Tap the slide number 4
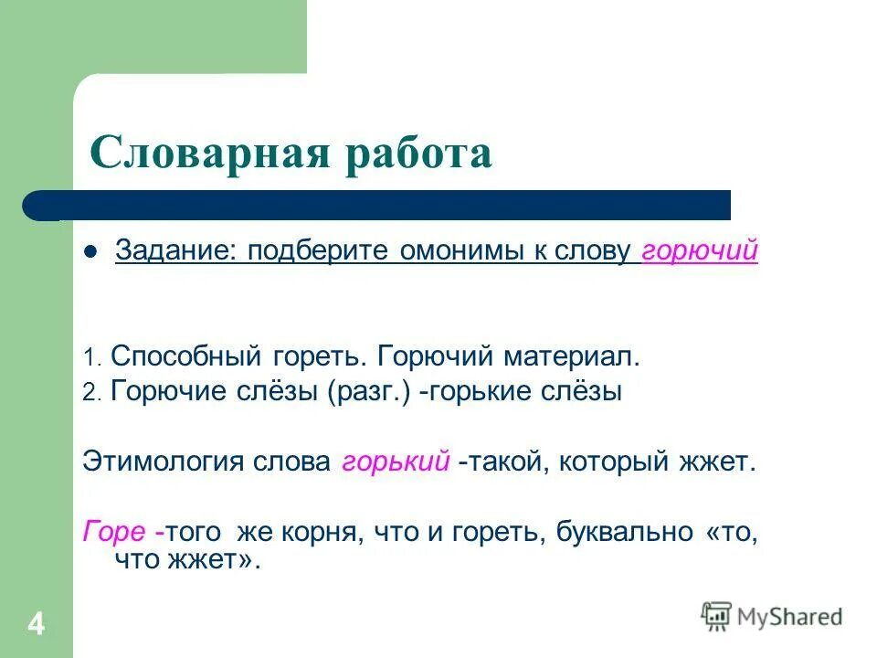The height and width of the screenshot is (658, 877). point(36,625)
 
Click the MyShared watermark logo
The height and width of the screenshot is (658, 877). point(772,616)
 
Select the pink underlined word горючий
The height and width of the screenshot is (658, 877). point(700,251)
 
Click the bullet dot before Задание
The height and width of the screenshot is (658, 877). point(90,253)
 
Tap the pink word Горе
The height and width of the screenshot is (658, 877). point(113,532)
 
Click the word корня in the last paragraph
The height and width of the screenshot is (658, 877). point(321,532)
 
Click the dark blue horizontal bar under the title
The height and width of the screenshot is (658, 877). point(384,205)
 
